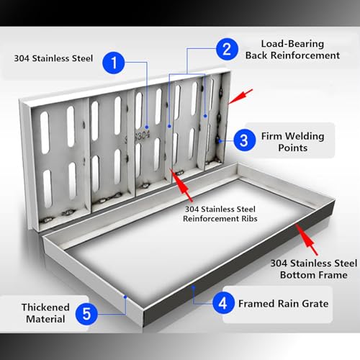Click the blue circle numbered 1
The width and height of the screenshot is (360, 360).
113,63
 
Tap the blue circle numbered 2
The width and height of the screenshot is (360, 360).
227,49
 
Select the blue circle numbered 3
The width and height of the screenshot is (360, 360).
245,140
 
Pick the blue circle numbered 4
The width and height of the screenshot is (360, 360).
223,303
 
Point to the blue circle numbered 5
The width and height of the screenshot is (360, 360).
86,314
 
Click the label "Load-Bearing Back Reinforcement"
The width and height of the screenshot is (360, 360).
292,50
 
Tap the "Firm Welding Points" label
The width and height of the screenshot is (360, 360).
292,142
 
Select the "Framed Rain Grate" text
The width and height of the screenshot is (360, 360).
283,304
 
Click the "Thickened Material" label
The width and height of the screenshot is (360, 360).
45,313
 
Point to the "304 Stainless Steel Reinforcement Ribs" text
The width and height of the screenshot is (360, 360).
220,214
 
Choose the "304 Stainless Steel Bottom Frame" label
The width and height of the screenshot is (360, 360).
314,269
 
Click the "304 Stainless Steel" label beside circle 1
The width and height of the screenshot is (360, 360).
53,58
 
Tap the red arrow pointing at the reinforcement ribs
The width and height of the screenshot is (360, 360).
181,185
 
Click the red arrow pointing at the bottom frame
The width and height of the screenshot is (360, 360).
307,239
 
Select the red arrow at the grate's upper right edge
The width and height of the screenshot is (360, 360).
240,96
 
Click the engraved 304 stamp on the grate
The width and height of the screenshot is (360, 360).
138,137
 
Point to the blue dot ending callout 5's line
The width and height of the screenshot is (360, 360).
125,297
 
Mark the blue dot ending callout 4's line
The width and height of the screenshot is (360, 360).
193,287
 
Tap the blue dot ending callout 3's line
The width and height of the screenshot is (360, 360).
220,141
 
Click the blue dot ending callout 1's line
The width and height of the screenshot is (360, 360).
147,127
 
